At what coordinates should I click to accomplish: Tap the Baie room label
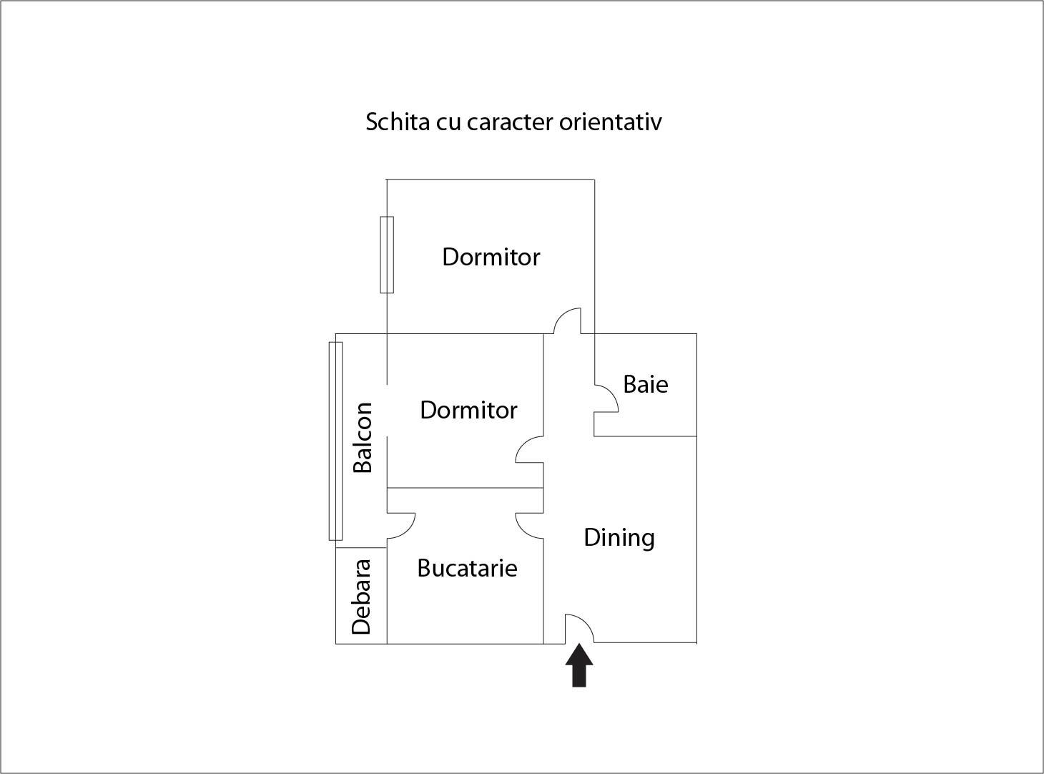pos(645,384)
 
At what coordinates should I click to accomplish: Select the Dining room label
pos(619,538)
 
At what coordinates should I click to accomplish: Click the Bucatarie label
pos(467,568)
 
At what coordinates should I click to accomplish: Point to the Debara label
pos(362,597)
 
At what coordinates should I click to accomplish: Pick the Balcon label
pos(363,437)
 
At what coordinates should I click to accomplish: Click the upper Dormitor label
pos(491,258)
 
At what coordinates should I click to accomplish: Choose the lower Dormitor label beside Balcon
pos(468,411)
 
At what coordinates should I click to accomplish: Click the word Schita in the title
pos(398,122)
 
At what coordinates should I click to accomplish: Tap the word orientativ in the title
pos(611,122)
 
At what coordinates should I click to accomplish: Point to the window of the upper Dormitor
pos(387,255)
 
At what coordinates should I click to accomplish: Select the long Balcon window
pos(335,441)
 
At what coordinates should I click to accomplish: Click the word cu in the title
pos(448,124)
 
